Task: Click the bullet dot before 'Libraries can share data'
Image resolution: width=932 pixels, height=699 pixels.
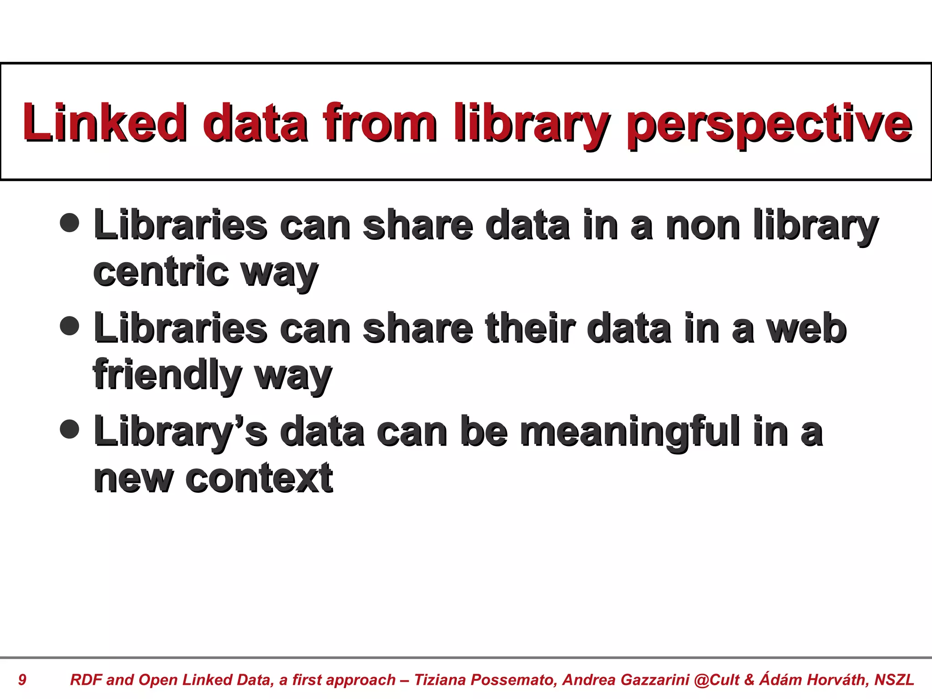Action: (x=70, y=223)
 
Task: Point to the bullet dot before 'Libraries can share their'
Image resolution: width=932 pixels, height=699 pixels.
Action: (x=70, y=326)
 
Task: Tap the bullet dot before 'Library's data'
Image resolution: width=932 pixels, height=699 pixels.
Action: (x=70, y=429)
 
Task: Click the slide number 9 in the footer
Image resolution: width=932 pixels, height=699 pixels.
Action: (x=22, y=680)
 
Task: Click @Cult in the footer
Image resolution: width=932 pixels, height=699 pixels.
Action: (x=717, y=680)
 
